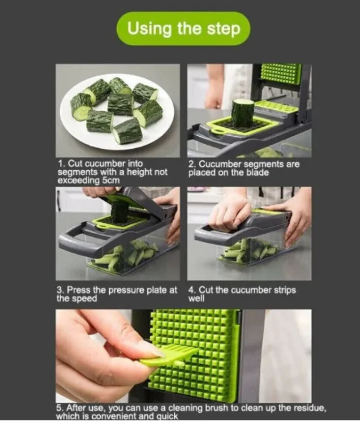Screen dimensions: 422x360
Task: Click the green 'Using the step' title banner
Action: click(183, 28)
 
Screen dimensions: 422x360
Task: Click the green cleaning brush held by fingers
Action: click(169, 356)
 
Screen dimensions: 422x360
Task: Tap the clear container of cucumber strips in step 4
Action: click(250, 251)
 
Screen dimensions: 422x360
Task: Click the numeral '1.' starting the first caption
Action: click(61, 163)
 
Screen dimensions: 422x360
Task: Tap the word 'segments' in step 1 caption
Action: click(76, 172)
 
